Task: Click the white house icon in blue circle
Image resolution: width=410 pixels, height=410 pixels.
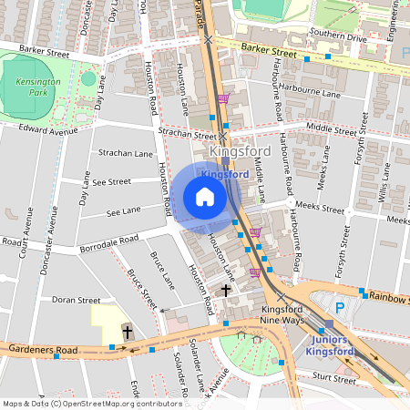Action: point(204,197)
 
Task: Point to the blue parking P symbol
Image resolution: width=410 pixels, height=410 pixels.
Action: point(340,308)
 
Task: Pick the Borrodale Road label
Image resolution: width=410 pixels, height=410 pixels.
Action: point(108,241)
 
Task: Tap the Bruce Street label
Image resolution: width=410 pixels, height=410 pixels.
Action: point(140,286)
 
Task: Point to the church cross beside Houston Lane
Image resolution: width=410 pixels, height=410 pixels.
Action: point(225,291)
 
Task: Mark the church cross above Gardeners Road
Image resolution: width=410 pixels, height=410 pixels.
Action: point(128,333)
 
